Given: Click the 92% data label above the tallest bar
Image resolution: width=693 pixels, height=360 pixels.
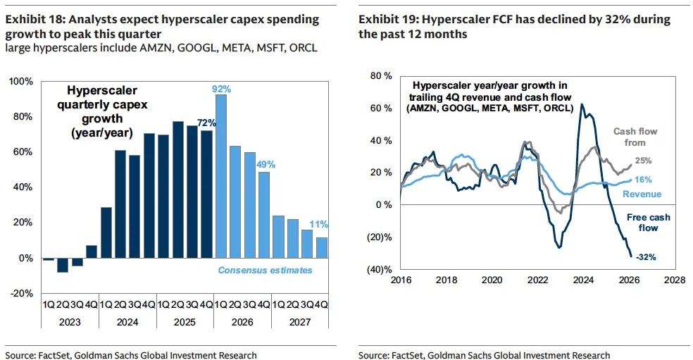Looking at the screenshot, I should pos(220,89).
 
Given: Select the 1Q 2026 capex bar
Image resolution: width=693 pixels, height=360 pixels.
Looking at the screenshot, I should pos(221,176).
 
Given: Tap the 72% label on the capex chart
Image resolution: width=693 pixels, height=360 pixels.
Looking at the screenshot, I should pos(206,123).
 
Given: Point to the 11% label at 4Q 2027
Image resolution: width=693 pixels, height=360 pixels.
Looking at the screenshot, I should pos(320,225).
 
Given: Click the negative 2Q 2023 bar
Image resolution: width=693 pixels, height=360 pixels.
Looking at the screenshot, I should pos(63,265).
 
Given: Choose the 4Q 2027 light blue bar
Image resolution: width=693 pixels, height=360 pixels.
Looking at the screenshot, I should pos(321,248).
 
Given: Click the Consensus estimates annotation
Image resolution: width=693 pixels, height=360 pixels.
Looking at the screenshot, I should pos(265,270).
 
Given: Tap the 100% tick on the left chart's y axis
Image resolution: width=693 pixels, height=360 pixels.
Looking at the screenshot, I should pos(21,82).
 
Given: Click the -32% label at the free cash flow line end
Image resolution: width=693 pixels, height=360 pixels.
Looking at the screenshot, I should pos(645,257).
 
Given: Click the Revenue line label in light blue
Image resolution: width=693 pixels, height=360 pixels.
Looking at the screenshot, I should pos(642,194).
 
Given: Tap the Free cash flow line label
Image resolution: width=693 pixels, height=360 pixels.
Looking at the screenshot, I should pos(643,223).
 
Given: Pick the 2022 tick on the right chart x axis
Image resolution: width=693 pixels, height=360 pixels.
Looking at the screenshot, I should pos(537,280).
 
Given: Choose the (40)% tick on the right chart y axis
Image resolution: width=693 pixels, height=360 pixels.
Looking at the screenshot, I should pos(379,269).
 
